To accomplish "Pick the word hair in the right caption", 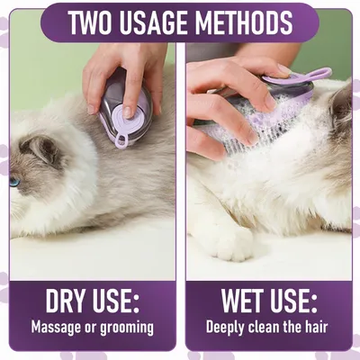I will (x=321, y=327).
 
